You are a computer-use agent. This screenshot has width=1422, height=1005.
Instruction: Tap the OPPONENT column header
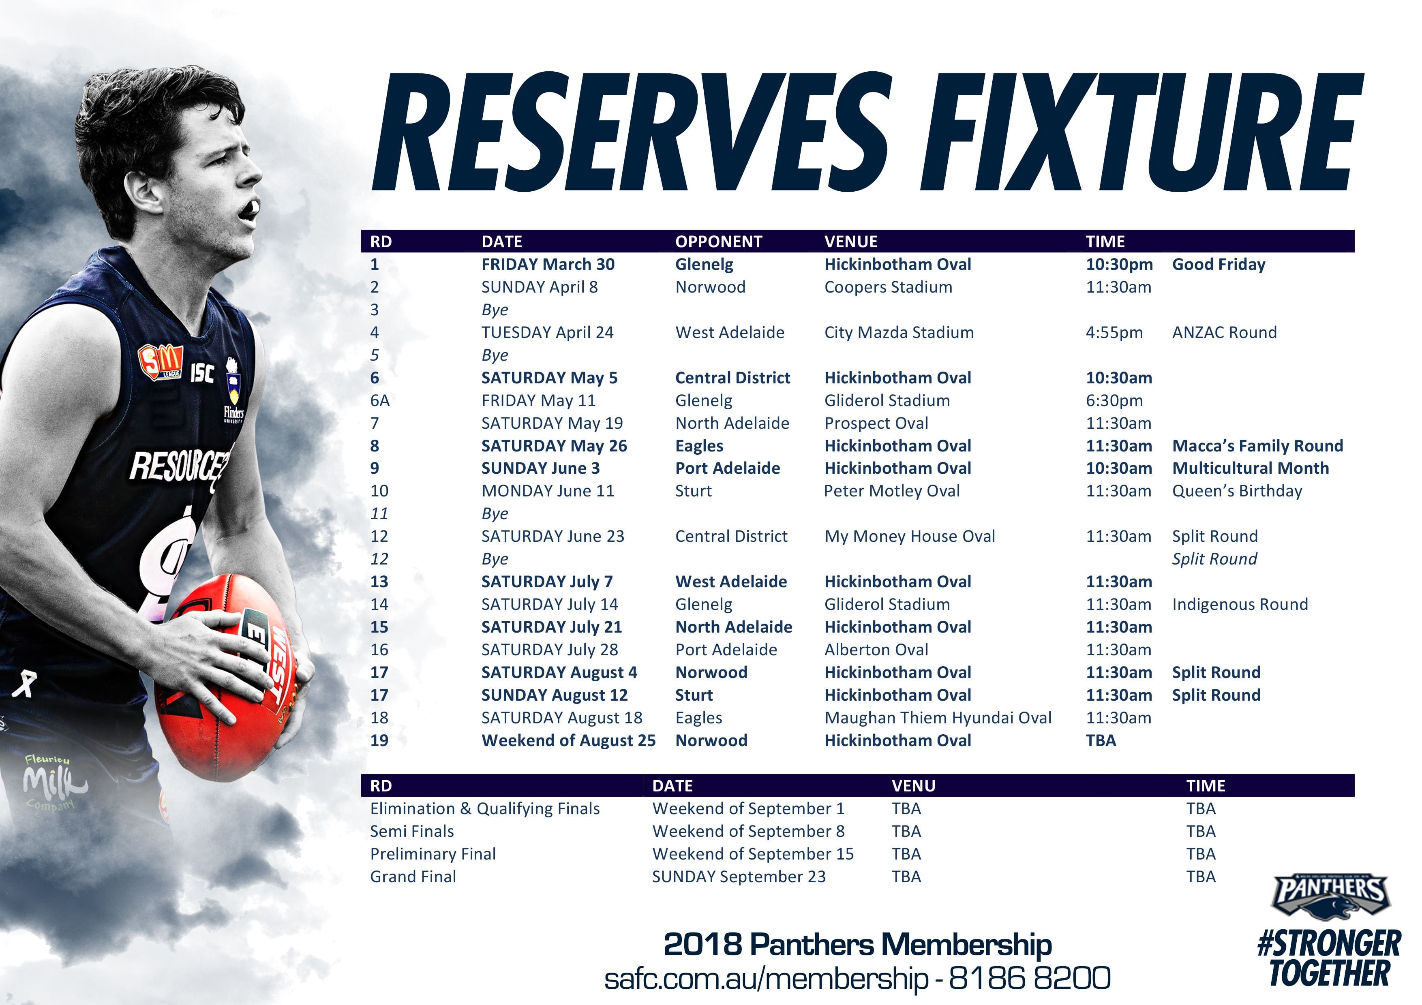(718, 242)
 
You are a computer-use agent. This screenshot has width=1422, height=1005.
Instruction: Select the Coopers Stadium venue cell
(888, 287)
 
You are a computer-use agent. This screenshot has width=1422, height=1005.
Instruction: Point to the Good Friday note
(1218, 264)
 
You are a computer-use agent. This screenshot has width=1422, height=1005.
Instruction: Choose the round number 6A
(380, 401)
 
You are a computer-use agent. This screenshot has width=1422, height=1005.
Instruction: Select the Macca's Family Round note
(1257, 446)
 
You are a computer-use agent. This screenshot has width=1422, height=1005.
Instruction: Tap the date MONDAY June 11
(548, 491)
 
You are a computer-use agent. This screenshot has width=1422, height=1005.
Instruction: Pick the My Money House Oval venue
(910, 536)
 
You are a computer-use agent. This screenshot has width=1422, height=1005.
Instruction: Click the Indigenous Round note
(1240, 604)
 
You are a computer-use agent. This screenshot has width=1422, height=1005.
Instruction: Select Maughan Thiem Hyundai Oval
(938, 718)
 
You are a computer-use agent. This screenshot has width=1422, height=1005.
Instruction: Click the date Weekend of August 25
(569, 741)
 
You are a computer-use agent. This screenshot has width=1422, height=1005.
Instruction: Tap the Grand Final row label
(413, 877)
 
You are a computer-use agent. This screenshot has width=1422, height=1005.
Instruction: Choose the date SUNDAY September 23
(739, 877)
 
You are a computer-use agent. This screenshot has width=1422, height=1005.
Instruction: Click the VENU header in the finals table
(914, 786)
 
